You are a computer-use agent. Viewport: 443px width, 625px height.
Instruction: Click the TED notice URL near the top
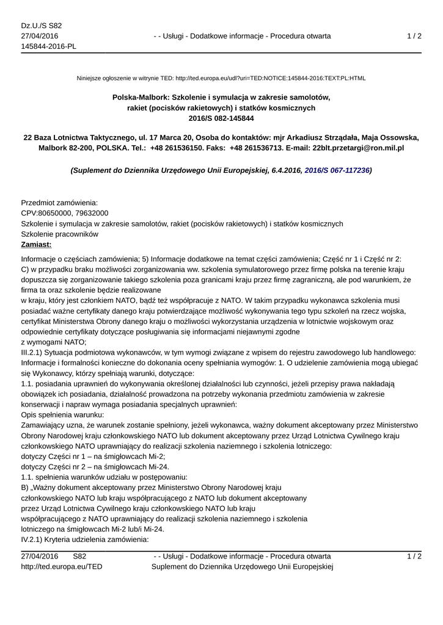point(271,78)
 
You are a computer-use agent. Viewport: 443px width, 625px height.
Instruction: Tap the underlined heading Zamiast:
point(37,244)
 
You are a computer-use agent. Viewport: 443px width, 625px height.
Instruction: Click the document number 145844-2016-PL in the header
point(48,47)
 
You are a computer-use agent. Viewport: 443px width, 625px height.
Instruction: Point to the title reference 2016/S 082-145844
point(221,118)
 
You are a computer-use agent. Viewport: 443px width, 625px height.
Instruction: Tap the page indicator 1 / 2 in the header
point(414,36)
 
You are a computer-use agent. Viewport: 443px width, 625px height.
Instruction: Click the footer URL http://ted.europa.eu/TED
point(62,567)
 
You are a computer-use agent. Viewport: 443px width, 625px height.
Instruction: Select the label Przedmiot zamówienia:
point(59,203)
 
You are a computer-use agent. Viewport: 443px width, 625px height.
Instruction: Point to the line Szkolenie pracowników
point(59,234)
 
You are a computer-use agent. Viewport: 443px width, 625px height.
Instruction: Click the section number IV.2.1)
point(35,540)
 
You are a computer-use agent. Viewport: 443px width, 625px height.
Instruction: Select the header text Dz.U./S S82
point(42,26)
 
